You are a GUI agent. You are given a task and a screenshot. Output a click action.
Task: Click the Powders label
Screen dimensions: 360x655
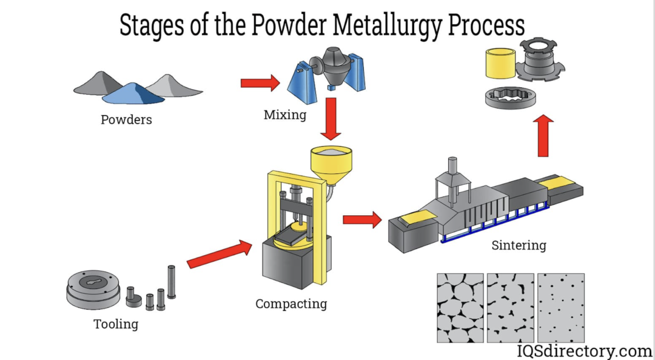pos(126,119)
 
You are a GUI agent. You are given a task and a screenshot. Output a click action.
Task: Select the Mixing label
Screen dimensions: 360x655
pos(284,114)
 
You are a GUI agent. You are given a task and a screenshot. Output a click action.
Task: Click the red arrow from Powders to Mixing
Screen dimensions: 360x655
pos(260,82)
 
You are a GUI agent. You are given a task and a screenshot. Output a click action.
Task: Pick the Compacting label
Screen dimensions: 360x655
pos(291,304)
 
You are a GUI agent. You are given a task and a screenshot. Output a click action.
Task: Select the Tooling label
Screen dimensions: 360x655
pos(116,324)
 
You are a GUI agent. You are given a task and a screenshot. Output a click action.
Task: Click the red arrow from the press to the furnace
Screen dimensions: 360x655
pos(362,219)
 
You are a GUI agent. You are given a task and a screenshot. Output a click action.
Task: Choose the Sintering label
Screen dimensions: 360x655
pos(519,245)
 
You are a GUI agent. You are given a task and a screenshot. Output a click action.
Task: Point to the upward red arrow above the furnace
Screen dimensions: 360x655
pos(545,135)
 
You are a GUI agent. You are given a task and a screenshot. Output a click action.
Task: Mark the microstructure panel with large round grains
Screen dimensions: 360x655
pos(460,307)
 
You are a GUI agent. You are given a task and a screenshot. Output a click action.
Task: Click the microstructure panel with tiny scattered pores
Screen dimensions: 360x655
pos(561,307)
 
